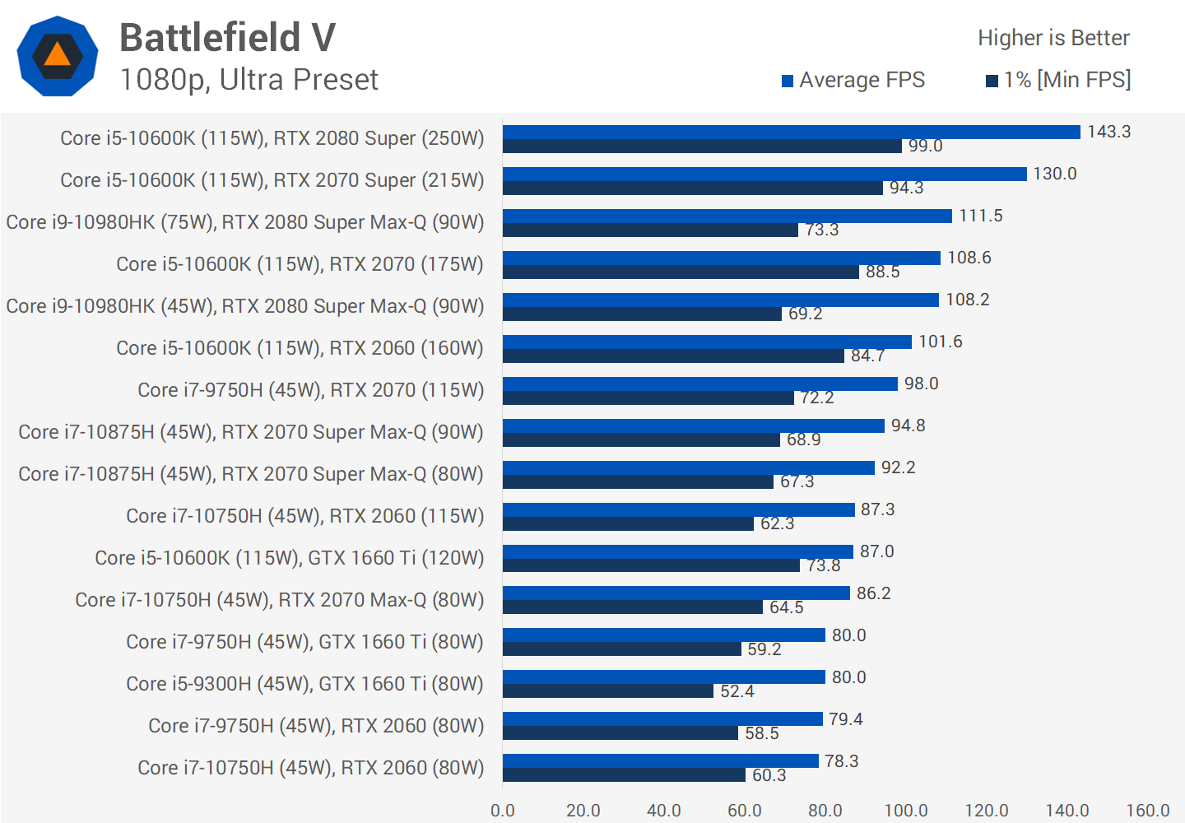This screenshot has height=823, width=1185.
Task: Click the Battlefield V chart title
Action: coord(227,38)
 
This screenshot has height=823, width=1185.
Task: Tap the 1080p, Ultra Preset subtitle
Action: coord(249,80)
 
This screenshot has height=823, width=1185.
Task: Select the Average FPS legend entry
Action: coord(853,80)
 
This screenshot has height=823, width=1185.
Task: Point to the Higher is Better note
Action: coord(1053,38)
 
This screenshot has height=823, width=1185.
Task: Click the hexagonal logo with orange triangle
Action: coord(58,56)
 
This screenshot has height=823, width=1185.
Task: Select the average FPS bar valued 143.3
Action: coord(791,132)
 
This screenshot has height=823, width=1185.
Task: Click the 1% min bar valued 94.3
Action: coord(692,188)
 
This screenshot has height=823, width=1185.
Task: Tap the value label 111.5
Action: coord(981,216)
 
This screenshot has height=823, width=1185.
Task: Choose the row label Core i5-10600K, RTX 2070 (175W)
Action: coord(300,264)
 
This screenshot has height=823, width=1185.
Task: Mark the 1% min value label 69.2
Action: coord(806,314)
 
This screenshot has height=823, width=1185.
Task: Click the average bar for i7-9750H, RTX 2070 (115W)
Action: coord(699,384)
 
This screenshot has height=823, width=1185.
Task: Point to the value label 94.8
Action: coord(908,425)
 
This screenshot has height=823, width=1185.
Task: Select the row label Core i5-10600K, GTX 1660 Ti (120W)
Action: coord(289,558)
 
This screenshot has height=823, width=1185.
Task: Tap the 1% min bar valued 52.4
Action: coord(608,691)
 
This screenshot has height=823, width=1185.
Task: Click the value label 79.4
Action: coord(846,719)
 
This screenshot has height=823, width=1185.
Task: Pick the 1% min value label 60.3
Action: coord(769,775)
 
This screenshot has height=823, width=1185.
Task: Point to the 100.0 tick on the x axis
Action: coord(906,811)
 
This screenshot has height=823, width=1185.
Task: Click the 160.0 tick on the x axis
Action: coord(1148,811)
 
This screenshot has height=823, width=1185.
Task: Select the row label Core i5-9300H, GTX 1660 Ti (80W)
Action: coord(304,684)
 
